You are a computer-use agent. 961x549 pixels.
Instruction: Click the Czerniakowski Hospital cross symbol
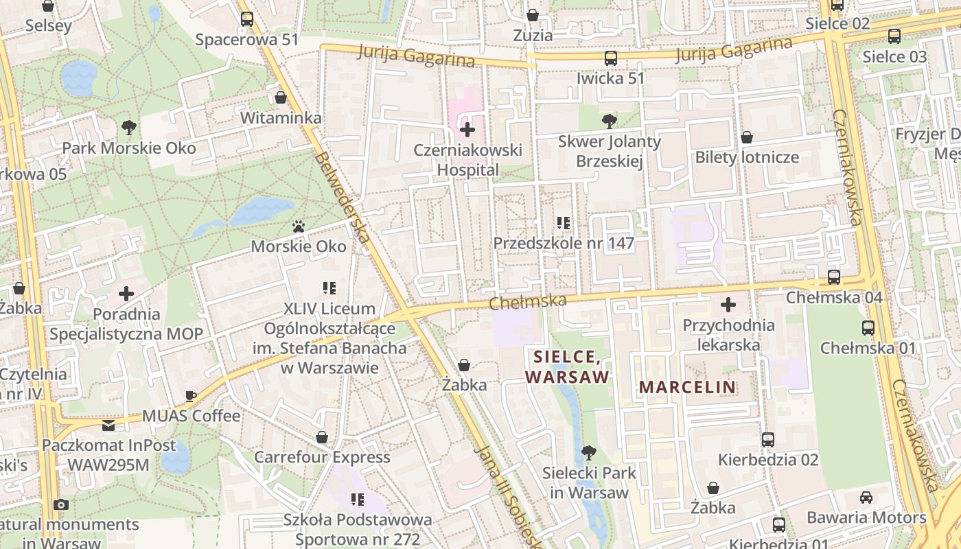[467, 129]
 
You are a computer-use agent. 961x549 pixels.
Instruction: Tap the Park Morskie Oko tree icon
[128, 127]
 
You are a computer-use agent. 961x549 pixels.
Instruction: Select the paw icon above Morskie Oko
[298, 226]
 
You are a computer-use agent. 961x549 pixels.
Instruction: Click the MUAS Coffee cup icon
[191, 396]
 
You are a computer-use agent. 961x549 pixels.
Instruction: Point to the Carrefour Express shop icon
[321, 437]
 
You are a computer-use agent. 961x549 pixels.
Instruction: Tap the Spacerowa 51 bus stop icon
[246, 19]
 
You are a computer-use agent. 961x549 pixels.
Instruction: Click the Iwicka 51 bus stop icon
[610, 58]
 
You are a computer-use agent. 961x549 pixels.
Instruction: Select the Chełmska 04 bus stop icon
[833, 277]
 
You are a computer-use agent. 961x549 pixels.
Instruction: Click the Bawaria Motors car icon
[866, 497]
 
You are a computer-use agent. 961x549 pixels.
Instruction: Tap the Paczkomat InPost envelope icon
[108, 425]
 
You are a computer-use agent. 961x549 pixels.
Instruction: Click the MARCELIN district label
[687, 387]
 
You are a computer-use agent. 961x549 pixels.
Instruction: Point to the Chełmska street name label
[528, 301]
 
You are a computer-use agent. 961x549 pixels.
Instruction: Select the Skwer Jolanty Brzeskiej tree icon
[609, 121]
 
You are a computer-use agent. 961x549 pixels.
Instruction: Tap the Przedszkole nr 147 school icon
[564, 222]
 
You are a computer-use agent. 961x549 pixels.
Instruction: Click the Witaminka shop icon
[280, 97]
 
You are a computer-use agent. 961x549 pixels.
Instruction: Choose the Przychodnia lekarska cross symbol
[728, 305]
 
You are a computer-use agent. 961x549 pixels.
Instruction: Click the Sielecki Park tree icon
[588, 452]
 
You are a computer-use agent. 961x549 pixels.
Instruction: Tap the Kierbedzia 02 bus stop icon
[768, 439]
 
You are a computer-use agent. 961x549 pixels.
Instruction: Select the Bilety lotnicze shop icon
[746, 137]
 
